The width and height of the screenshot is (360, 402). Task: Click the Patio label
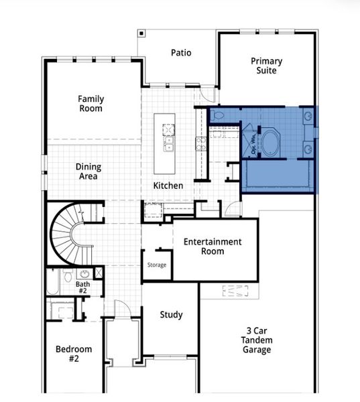point(181,52)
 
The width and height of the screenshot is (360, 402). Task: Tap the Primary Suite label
point(266,66)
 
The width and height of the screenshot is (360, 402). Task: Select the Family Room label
point(91,103)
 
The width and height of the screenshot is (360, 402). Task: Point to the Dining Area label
point(87,172)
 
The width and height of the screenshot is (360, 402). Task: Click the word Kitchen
point(168,185)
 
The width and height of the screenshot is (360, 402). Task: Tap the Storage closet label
point(157,265)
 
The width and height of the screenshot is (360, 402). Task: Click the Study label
point(171,315)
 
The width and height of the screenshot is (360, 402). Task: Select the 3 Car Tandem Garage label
point(257,339)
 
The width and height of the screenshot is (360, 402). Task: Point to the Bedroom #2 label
point(74,354)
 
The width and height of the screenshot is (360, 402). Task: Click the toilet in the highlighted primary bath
point(218,117)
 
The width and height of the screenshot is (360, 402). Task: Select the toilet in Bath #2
point(68,275)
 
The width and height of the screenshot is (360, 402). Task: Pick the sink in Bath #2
point(85,274)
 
